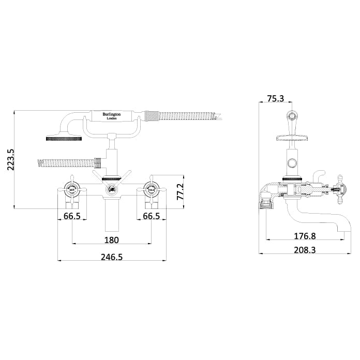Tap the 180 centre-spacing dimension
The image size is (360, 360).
[x=111, y=239]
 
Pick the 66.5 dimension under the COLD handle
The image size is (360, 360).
[x=151, y=216]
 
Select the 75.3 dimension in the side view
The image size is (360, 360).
[x=275, y=99]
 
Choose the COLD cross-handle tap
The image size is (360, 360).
[x=151, y=189]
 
